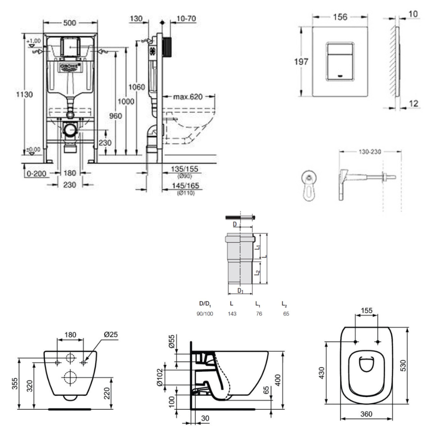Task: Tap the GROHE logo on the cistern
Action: pos(71,66)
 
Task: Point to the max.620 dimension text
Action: pos(188,96)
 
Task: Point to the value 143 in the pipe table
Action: pos(233,314)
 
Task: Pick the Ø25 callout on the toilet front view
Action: pos(111,335)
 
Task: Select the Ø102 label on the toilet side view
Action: pos(171,374)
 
